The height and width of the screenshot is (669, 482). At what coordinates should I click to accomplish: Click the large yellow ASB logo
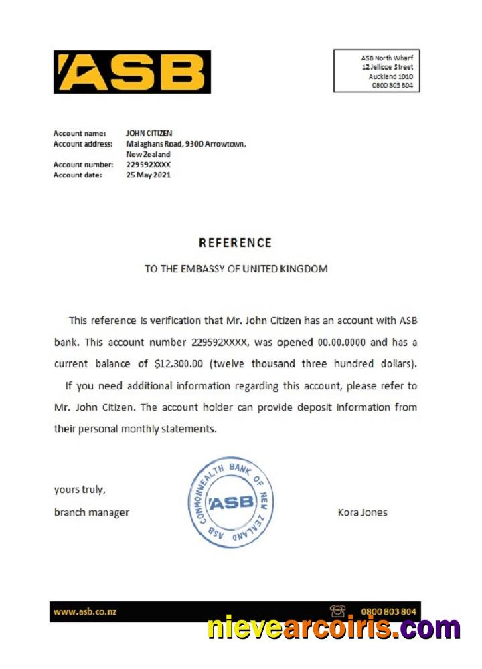(132, 72)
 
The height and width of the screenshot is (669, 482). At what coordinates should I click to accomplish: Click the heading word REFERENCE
(235, 243)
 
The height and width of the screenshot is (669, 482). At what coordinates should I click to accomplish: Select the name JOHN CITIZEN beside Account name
(149, 134)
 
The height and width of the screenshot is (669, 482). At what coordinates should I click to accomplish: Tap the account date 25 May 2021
(148, 175)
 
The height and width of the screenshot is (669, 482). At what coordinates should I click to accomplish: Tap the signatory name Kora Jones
(362, 513)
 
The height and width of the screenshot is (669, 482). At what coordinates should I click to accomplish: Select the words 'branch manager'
(91, 513)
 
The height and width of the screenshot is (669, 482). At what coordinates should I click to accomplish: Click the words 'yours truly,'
(79, 490)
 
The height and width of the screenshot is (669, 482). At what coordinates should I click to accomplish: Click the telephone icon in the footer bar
(337, 611)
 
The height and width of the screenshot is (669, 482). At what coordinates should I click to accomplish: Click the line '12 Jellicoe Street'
(387, 67)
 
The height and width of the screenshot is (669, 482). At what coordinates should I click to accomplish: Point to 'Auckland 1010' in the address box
(390, 76)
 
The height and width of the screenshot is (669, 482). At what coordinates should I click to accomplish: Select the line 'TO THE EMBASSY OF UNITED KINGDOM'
(236, 269)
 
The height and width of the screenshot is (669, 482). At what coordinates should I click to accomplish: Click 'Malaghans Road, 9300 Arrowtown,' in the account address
(186, 144)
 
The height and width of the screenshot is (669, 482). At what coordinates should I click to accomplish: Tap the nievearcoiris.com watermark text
(333, 628)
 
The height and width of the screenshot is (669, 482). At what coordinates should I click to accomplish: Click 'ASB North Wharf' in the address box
(386, 58)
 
